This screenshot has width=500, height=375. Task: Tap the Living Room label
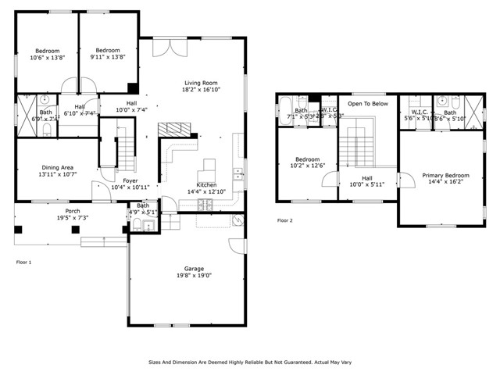point(201,83)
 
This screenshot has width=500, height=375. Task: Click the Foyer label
point(130,180)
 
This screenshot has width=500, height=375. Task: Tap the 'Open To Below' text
point(367,103)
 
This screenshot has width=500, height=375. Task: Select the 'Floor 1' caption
point(24,262)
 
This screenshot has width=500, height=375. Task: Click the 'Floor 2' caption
point(285,220)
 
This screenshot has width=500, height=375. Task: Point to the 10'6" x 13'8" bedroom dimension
point(47,57)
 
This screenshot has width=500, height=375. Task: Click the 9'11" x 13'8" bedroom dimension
point(107,57)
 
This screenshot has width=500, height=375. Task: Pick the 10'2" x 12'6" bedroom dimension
point(306,166)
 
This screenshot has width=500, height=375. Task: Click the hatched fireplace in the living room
point(174,129)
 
